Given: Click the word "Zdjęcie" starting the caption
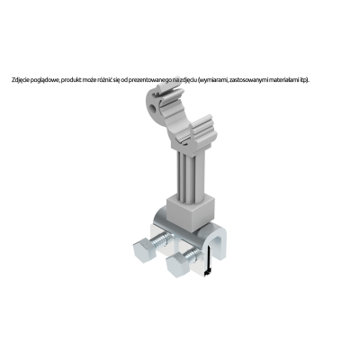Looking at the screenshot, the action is [19, 80].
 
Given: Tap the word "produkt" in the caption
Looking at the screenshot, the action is [69, 80].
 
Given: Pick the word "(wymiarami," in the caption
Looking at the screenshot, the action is [212, 80].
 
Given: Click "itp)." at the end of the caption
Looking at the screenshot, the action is [304, 80].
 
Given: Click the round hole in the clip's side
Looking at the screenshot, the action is [154, 107].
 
